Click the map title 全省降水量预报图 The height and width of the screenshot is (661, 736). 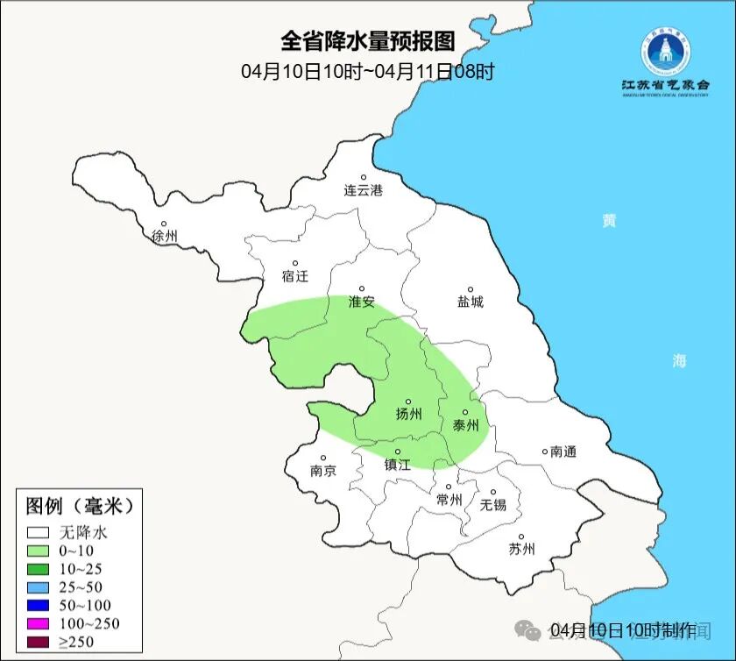[368, 41]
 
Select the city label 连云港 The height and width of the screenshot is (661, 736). [363, 190]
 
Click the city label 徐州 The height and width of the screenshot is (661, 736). [164, 237]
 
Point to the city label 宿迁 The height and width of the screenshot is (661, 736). [295, 276]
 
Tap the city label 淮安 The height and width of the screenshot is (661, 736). [361, 302]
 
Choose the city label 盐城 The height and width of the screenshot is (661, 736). [470, 302]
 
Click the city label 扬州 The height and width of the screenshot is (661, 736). [408, 414]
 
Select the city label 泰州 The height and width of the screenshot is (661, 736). [465, 425]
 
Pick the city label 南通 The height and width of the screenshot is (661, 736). [563, 451]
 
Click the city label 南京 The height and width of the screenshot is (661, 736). [322, 471]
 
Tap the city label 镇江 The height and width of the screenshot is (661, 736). [398, 466]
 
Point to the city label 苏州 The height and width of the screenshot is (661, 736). [521, 550]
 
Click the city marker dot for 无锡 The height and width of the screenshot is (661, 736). [492, 492]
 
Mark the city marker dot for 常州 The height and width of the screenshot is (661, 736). [448, 487]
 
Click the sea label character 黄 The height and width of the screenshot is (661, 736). [608, 220]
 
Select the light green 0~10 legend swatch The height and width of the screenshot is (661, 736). [38, 551]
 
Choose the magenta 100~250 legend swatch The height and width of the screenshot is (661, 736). [38, 623]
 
